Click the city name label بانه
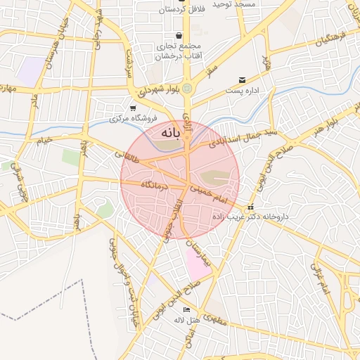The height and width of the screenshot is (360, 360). click(x=171, y=132)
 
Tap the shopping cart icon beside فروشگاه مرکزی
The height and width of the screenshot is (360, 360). click(x=133, y=108)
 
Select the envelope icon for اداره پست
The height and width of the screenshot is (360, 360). click(x=243, y=80)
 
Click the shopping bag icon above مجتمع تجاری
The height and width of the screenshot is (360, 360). click(x=179, y=35)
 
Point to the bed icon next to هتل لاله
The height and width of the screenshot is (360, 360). click(x=186, y=309)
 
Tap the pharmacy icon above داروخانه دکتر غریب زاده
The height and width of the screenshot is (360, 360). click(x=251, y=207)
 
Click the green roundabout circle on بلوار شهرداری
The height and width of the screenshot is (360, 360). click(x=187, y=88)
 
